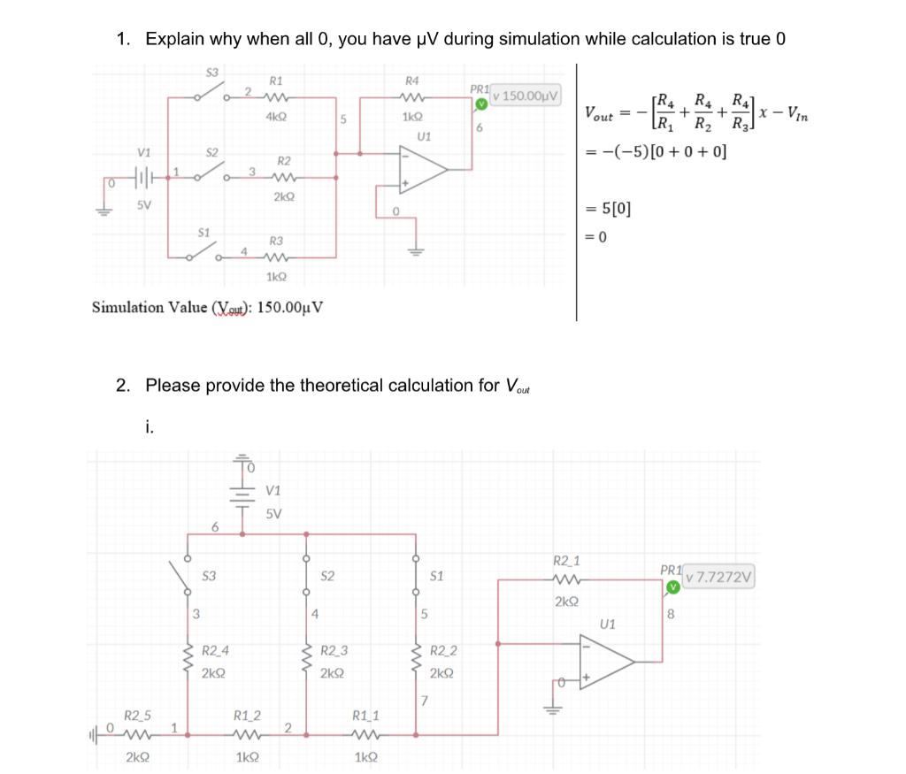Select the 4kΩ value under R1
coord(275,116)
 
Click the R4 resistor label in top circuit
coord(411,80)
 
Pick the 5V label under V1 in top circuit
coord(143,206)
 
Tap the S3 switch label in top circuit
coord(212,71)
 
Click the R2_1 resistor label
coord(566,561)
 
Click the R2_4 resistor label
coord(215,652)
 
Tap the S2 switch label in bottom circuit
coord(326,576)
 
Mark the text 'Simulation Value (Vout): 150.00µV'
coord(207,308)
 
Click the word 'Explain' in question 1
coord(174,39)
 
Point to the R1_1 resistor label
coord(365,715)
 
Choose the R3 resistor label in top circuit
coord(276,241)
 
